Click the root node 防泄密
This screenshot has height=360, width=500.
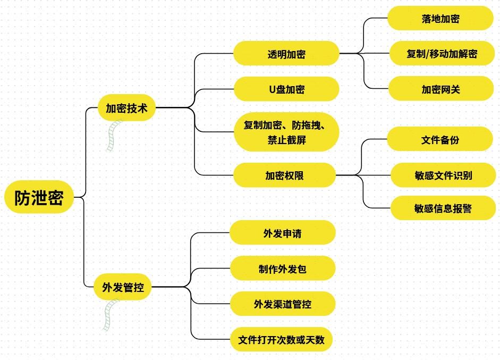click(39, 198)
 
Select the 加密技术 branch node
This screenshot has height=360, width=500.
click(126, 108)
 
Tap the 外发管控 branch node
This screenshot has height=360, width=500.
click(123, 288)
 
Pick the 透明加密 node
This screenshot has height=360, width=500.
click(286, 54)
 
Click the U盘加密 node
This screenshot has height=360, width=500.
click(286, 89)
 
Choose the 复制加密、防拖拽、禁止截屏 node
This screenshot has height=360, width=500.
click(286, 132)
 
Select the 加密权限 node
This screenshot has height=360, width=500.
click(284, 175)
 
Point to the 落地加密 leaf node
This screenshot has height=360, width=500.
click(440, 19)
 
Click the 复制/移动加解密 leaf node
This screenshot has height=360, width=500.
click(442, 54)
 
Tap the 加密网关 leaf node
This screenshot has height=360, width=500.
click(441, 89)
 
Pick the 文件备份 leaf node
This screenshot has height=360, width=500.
click(440, 140)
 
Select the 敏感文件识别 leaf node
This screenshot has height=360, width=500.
click(443, 175)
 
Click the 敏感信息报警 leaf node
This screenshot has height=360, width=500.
click(443, 208)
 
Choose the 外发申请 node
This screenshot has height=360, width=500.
click(282, 233)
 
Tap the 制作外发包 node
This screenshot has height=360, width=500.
click(282, 269)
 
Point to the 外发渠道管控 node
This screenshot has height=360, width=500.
click(282, 304)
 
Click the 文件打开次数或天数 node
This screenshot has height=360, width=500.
click(281, 339)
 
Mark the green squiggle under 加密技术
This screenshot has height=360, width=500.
click(114, 135)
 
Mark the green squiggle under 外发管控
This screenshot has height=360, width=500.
click(110, 315)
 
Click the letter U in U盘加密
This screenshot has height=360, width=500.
click(272, 89)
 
